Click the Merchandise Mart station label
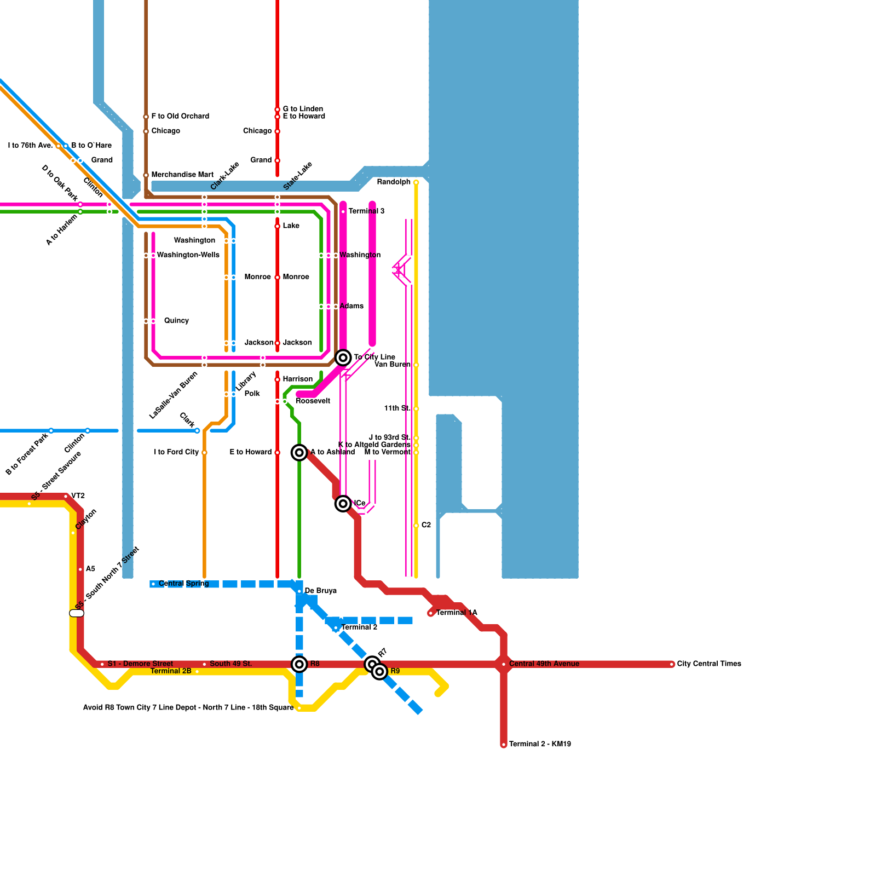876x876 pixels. pos(182,175)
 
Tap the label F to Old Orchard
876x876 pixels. pos(180,116)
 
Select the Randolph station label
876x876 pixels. pos(394,182)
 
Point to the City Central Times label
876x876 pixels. pos(709,664)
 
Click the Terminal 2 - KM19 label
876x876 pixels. pos(540,744)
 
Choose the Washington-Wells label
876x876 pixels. pos(188,255)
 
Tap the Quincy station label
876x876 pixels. pos(176,320)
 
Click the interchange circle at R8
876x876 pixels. pos(299,664)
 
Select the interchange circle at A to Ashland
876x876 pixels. pos(299,452)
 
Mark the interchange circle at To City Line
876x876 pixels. pos(343,358)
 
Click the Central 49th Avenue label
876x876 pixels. pos(544,664)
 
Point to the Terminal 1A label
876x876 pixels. pos(457,613)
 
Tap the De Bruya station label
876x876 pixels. pos(320,591)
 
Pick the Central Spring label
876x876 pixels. pos(184,584)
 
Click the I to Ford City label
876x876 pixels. pos(176,452)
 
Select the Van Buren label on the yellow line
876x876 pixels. pos(392,365)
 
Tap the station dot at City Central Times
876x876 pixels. pos(672,664)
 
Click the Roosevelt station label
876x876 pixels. pos(313,401)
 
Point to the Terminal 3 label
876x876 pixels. pos(366,211)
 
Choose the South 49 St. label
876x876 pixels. pos(231,664)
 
